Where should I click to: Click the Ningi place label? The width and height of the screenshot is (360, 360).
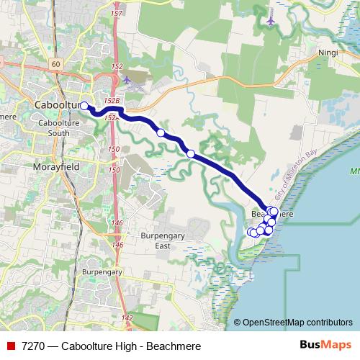click(328, 53)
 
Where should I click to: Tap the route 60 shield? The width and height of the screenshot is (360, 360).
click(55, 64)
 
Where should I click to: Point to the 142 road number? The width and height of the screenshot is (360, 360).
click(127, 318)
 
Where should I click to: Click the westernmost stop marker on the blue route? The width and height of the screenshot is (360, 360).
click(84, 106)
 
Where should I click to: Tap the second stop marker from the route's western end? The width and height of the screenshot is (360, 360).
click(161, 132)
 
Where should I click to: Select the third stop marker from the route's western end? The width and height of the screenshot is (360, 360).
click(190, 153)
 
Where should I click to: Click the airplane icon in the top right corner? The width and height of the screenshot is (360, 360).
click(270, 20)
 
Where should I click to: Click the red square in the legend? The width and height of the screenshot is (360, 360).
click(9, 346)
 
